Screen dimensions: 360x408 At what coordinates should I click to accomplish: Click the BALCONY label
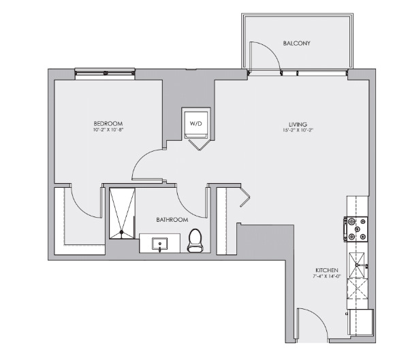[x=296, y=44]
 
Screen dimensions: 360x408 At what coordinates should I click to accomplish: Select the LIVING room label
[x=298, y=124]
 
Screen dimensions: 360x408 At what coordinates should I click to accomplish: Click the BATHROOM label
[x=172, y=220]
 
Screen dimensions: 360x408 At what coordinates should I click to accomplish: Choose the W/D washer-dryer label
[x=196, y=124]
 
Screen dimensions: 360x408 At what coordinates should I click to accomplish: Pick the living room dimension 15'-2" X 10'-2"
[x=298, y=130]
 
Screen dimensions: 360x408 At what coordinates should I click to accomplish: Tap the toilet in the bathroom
[x=195, y=240]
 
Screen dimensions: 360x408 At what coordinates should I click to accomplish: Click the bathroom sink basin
[x=161, y=243]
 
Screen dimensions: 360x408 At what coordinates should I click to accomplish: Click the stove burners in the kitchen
[x=358, y=229]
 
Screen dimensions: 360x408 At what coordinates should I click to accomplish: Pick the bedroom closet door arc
[x=78, y=201]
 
